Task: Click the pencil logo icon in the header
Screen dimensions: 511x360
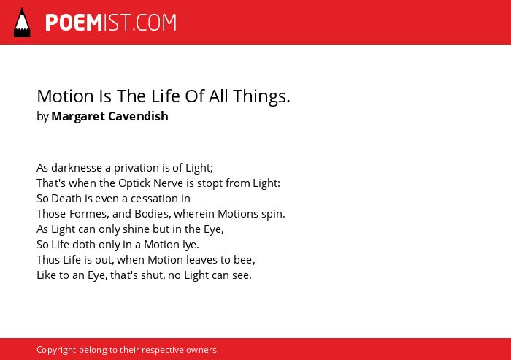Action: (x=22, y=23)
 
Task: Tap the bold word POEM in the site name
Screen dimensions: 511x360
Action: (x=74, y=23)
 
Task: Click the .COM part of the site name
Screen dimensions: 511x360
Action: (x=155, y=23)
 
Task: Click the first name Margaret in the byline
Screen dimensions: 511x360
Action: (x=78, y=117)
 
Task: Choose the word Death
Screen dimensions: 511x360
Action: (x=66, y=199)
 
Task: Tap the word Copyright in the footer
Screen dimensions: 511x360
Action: (x=56, y=351)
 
